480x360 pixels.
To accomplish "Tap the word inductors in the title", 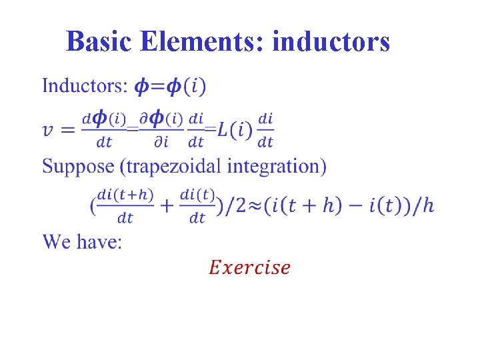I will (x=331, y=42).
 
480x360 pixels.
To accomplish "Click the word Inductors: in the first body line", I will (x=85, y=85).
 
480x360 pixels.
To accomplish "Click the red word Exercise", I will (x=249, y=267).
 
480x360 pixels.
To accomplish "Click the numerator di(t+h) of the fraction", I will (x=125, y=195).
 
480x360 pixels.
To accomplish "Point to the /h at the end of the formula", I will (x=424, y=206).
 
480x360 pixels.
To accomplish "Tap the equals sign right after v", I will (x=69, y=129).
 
